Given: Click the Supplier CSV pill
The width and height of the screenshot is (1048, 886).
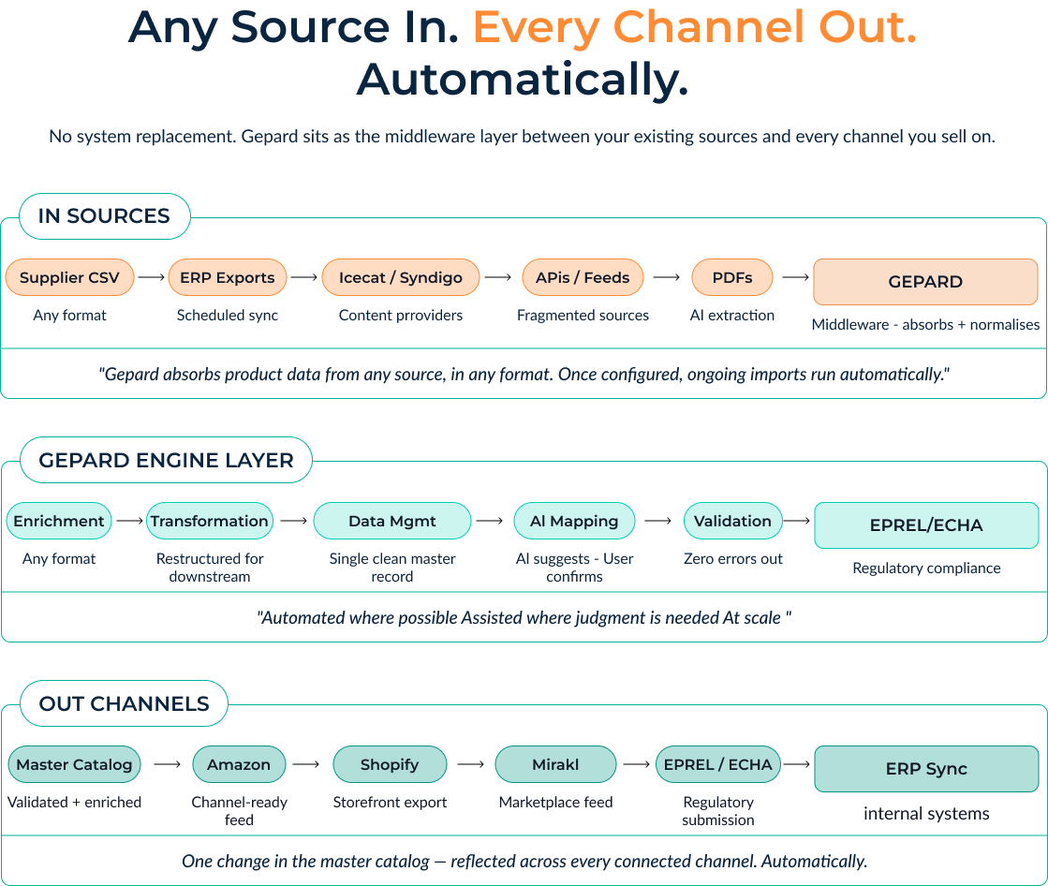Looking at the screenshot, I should pos(70,278).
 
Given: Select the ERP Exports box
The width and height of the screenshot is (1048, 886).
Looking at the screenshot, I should pos(228,278).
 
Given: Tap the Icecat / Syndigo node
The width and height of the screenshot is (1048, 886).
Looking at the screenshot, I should pos(401,278).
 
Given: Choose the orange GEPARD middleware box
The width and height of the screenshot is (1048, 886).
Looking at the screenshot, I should pos(925,282).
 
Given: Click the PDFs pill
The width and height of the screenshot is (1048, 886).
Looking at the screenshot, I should pos(732,278).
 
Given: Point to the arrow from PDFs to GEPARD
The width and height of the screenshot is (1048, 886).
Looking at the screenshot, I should pos(795,278).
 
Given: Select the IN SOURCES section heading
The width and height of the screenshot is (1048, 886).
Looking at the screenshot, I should pos(104,216).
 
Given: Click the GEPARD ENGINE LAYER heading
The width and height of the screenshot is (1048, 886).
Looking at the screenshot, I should pos(166,460).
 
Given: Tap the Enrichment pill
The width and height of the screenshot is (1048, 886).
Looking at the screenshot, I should pos(59,522).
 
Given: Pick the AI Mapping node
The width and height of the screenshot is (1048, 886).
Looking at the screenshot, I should pos(574,522).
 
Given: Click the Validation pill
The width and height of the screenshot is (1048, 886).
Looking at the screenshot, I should pos(732,522).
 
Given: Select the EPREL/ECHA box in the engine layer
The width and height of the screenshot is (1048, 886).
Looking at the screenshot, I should pos(926,525).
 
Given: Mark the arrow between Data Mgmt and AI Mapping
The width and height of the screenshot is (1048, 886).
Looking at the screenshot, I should pos(489,522).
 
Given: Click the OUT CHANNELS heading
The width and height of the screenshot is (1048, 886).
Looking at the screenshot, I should pos(124,704).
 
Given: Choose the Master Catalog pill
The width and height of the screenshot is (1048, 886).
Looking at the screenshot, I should pos(74,764).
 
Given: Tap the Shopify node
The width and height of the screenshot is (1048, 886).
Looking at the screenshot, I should pos(390,764).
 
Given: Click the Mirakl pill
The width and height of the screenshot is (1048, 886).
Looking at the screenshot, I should pos(555,764).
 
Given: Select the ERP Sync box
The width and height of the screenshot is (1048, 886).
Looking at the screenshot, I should pos(926,769).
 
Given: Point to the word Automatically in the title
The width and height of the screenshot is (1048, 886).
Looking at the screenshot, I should pos(523,80).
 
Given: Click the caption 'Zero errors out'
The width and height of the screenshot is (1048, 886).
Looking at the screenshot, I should pos(733,559).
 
